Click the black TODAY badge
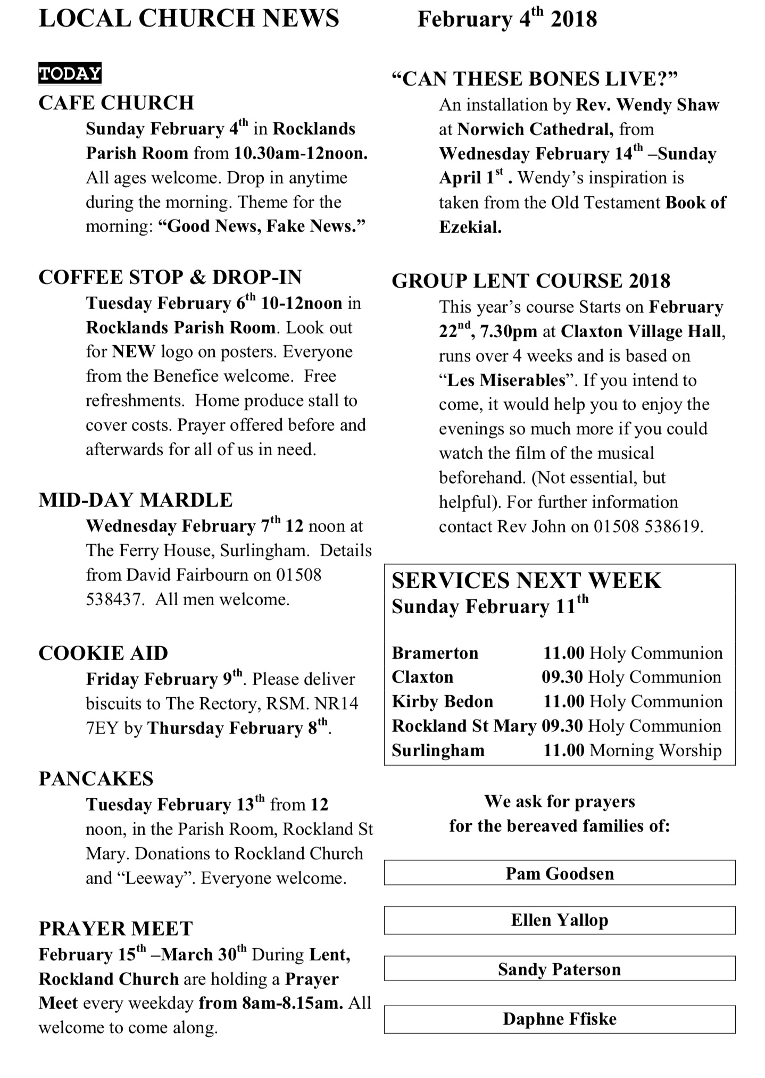[70, 74]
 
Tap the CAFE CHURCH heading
[117, 103]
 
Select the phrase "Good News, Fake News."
[262, 227]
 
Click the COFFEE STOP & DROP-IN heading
[170, 277]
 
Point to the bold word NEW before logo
[134, 352]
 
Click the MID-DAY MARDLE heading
[136, 500]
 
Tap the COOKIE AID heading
[103, 654]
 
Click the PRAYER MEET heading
[115, 929]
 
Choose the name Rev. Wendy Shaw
[647, 105]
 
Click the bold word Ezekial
[470, 228]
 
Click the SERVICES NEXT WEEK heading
[526, 581]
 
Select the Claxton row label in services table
[422, 678]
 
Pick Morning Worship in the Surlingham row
[655, 751]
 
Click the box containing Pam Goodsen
[560, 874]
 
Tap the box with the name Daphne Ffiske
[560, 1019]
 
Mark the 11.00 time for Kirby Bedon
[564, 702]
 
